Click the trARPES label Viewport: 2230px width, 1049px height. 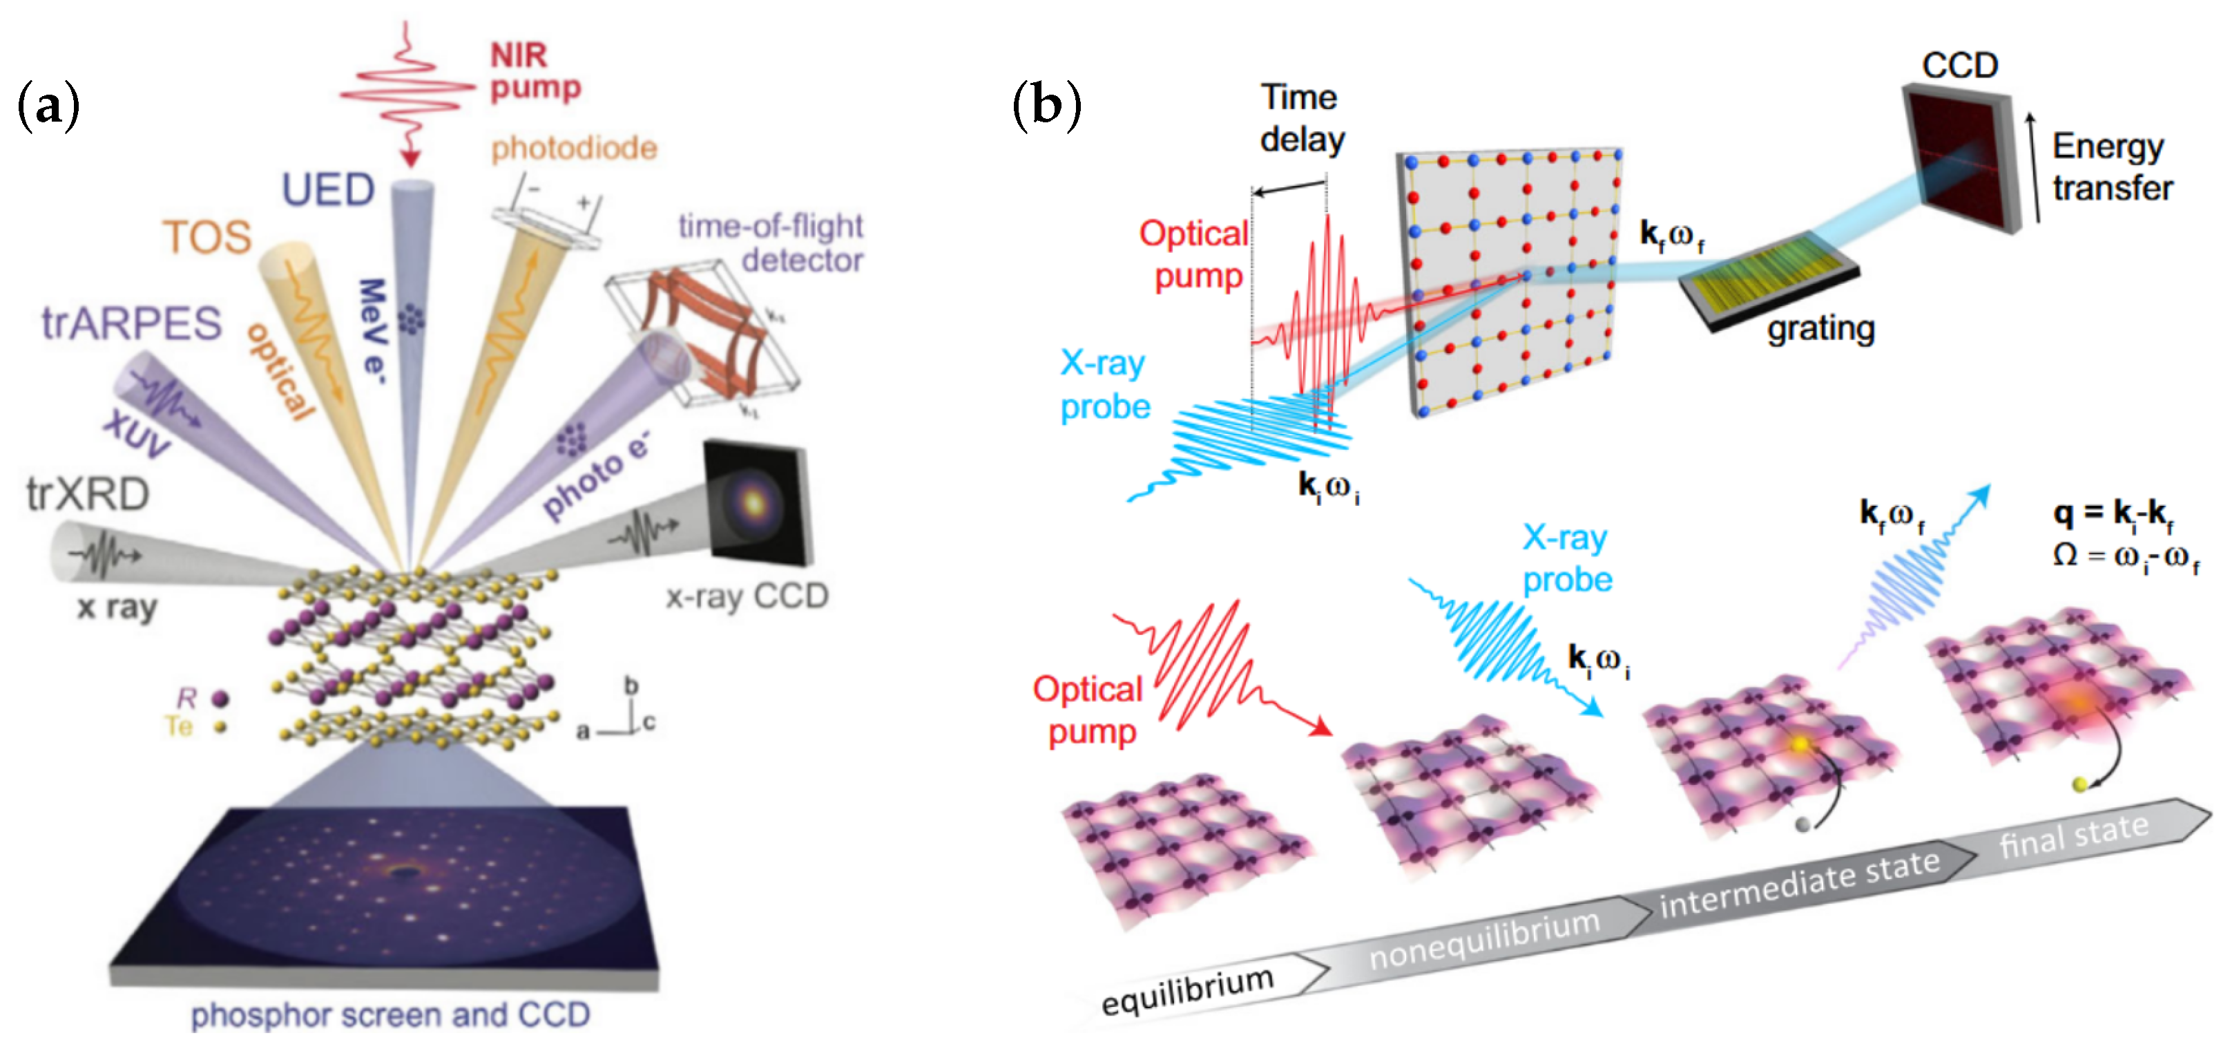132,323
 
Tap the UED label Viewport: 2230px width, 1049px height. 328,190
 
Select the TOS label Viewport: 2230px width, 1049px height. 207,236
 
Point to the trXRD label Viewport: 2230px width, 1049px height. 88,495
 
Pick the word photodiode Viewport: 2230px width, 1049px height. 574,148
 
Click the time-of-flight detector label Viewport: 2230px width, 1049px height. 771,243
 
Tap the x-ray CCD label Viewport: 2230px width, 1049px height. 747,596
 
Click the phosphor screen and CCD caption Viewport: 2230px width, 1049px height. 390,1014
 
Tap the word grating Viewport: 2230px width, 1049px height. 1820,328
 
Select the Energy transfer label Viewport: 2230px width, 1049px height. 2113,167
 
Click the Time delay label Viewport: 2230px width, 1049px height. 1301,119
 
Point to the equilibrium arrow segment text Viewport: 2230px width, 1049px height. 1187,990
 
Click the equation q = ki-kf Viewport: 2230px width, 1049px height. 2113,513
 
